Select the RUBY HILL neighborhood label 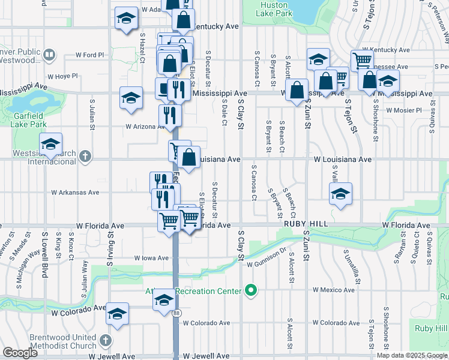306,223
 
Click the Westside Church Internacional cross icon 85,157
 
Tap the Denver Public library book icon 50,56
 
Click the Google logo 20,353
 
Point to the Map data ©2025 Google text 412,355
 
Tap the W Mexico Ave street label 333,290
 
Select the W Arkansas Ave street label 75,193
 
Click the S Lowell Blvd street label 44,253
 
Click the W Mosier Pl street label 404,110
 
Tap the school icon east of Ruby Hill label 340,194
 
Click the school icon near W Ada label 127,19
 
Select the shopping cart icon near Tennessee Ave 362,59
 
